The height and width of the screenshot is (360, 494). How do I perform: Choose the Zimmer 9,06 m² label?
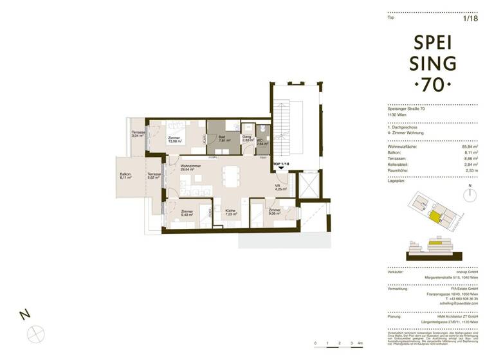tap(275, 213)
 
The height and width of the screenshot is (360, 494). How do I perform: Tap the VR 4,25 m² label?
tap(280, 188)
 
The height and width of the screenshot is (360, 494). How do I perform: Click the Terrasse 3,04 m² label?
tap(139, 134)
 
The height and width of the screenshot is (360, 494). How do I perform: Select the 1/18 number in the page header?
tap(471, 18)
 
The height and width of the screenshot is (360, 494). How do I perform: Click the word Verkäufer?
tap(397, 273)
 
